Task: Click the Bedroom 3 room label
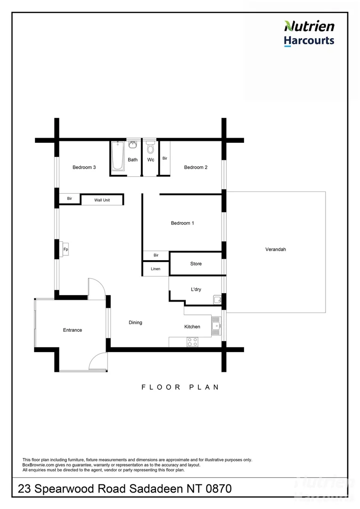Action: (x=84, y=167)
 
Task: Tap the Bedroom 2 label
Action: (x=196, y=167)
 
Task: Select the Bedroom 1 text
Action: (x=182, y=223)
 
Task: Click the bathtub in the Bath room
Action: (x=118, y=155)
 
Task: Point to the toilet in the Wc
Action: (x=151, y=148)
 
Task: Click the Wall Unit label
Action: (x=102, y=200)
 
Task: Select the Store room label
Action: (x=196, y=263)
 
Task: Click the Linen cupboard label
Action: (x=155, y=269)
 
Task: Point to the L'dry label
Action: (x=196, y=289)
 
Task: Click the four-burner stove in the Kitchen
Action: (x=192, y=342)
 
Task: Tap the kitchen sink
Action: (x=216, y=325)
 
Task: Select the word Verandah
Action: (x=276, y=249)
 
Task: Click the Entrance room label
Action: (x=73, y=330)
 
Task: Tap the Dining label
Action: (x=135, y=322)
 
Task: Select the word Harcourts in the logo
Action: (x=309, y=41)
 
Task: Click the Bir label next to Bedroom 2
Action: (x=165, y=158)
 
